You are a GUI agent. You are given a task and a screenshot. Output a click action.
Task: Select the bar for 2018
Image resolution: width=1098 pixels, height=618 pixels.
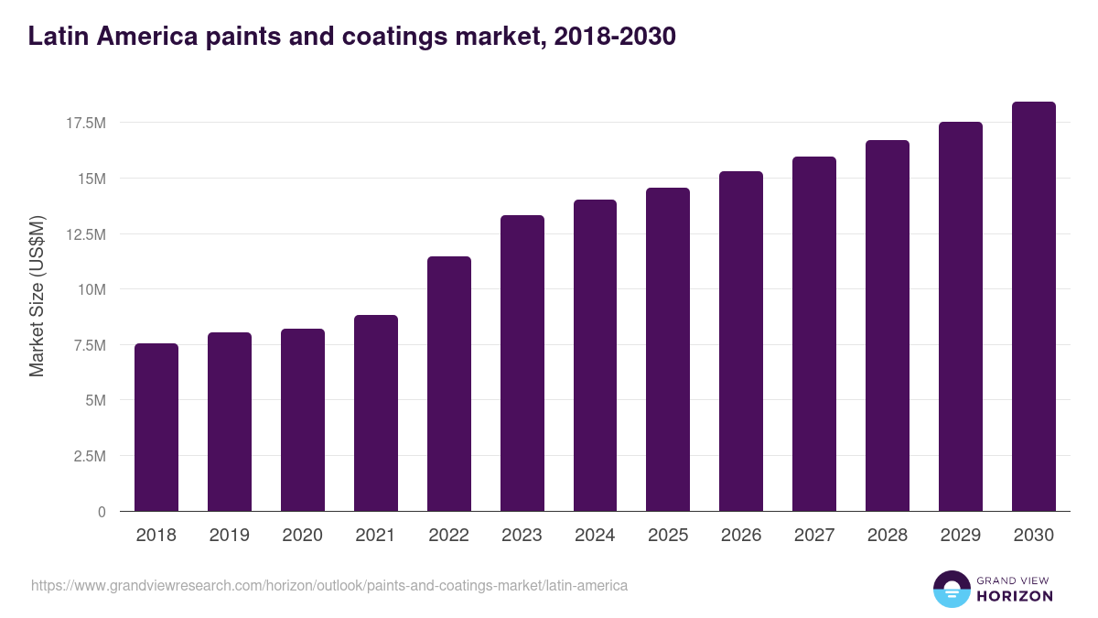click(156, 428)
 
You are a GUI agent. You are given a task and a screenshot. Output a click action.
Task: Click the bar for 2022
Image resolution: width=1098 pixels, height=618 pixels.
click(449, 385)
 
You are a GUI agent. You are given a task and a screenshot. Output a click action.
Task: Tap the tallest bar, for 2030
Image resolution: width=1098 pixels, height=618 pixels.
click(1034, 307)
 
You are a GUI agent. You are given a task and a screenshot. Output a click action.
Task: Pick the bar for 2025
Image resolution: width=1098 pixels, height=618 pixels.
click(668, 350)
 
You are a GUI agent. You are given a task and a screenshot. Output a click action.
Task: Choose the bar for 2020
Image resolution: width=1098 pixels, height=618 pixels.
click(303, 420)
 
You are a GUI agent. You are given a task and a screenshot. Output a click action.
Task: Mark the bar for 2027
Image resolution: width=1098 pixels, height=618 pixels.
click(814, 334)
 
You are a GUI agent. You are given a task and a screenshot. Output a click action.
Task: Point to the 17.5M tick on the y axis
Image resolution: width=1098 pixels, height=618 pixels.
click(86, 123)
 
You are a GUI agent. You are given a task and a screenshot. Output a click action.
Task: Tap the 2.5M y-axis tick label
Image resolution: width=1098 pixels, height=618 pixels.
click(89, 456)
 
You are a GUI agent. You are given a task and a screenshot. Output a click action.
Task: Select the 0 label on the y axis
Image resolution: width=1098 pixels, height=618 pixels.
click(102, 512)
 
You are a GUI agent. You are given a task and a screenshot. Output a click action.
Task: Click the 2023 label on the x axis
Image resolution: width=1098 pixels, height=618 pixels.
click(522, 536)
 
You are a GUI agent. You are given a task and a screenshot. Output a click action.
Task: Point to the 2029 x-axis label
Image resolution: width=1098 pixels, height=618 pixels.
click(961, 536)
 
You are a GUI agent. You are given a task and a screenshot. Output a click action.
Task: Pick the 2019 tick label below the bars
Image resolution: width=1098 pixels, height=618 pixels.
click(230, 536)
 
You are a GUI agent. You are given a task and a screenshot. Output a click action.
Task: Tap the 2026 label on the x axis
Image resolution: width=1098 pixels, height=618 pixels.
click(741, 536)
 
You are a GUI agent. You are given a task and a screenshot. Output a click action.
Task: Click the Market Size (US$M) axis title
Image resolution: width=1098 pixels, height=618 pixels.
click(37, 296)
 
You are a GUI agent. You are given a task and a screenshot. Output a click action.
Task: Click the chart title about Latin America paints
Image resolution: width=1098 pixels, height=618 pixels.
click(351, 36)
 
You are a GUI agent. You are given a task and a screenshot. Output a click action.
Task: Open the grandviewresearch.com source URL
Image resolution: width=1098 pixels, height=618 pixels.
click(329, 585)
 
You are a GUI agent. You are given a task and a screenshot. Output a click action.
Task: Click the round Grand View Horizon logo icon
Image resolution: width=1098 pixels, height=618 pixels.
click(952, 589)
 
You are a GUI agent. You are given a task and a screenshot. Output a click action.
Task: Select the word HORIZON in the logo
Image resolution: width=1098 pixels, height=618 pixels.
click(1015, 596)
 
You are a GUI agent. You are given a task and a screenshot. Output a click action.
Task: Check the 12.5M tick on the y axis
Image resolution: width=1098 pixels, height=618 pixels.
click(86, 234)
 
